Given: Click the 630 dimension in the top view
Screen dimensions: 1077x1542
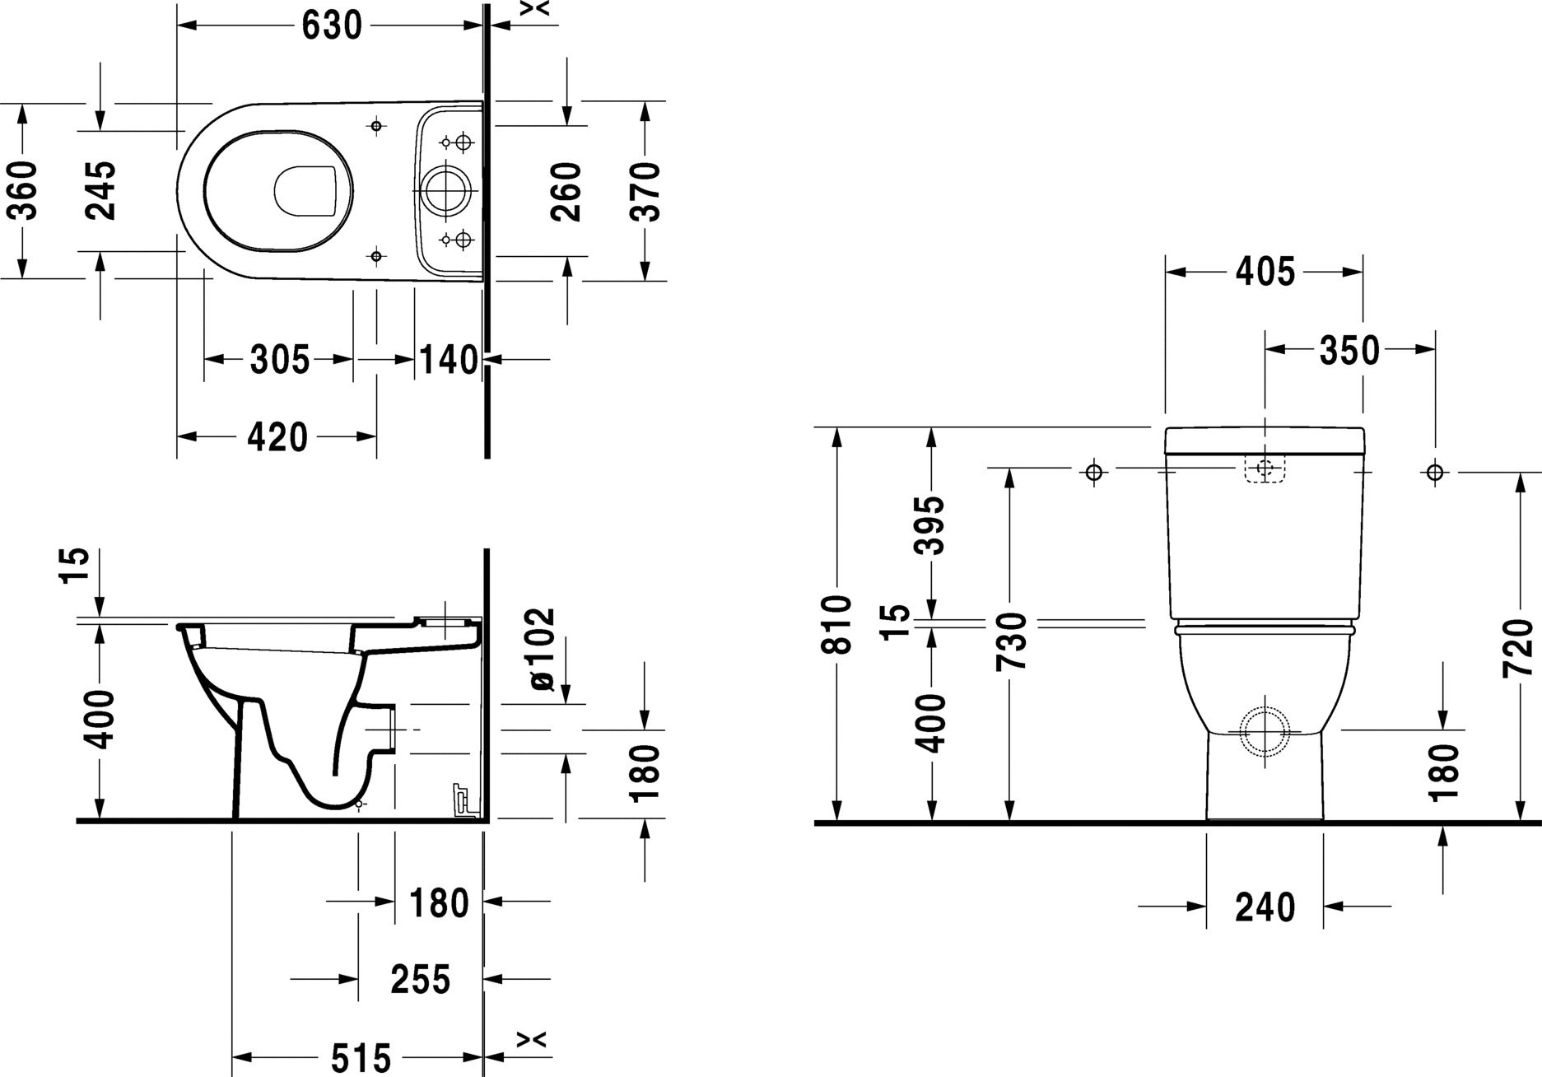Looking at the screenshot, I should click(x=332, y=26).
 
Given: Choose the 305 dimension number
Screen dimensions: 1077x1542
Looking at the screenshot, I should click(x=279, y=360).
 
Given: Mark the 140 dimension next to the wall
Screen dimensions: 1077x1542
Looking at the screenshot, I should click(x=448, y=360).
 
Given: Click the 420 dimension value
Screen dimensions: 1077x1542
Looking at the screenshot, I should click(x=277, y=437).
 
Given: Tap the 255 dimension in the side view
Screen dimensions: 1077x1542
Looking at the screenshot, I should click(x=420, y=979).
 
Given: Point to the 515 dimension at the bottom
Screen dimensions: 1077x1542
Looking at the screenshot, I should click(x=360, y=1057).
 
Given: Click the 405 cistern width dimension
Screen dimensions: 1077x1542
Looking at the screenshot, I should click(x=1265, y=272).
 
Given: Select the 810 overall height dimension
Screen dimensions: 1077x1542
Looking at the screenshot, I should click(x=838, y=624).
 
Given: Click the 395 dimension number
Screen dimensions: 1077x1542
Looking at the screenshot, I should click(x=932, y=525).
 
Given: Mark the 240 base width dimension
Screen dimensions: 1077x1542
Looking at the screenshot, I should click(x=1265, y=907).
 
